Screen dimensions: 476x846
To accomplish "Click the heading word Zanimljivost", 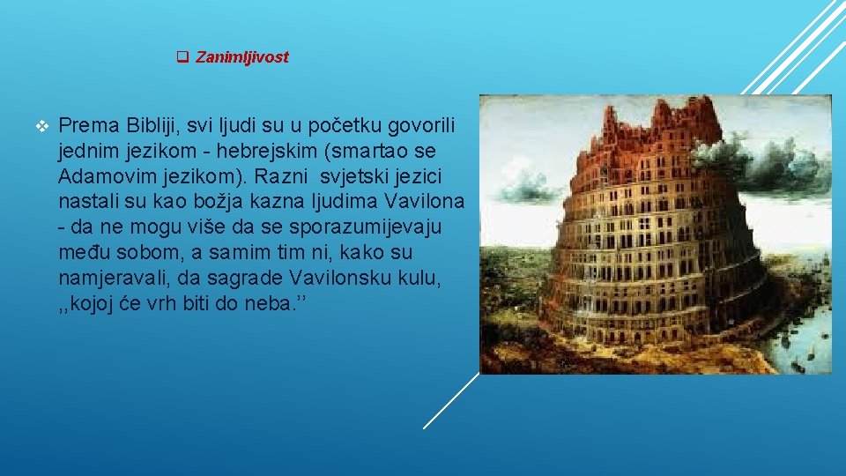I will coord(241,58).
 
